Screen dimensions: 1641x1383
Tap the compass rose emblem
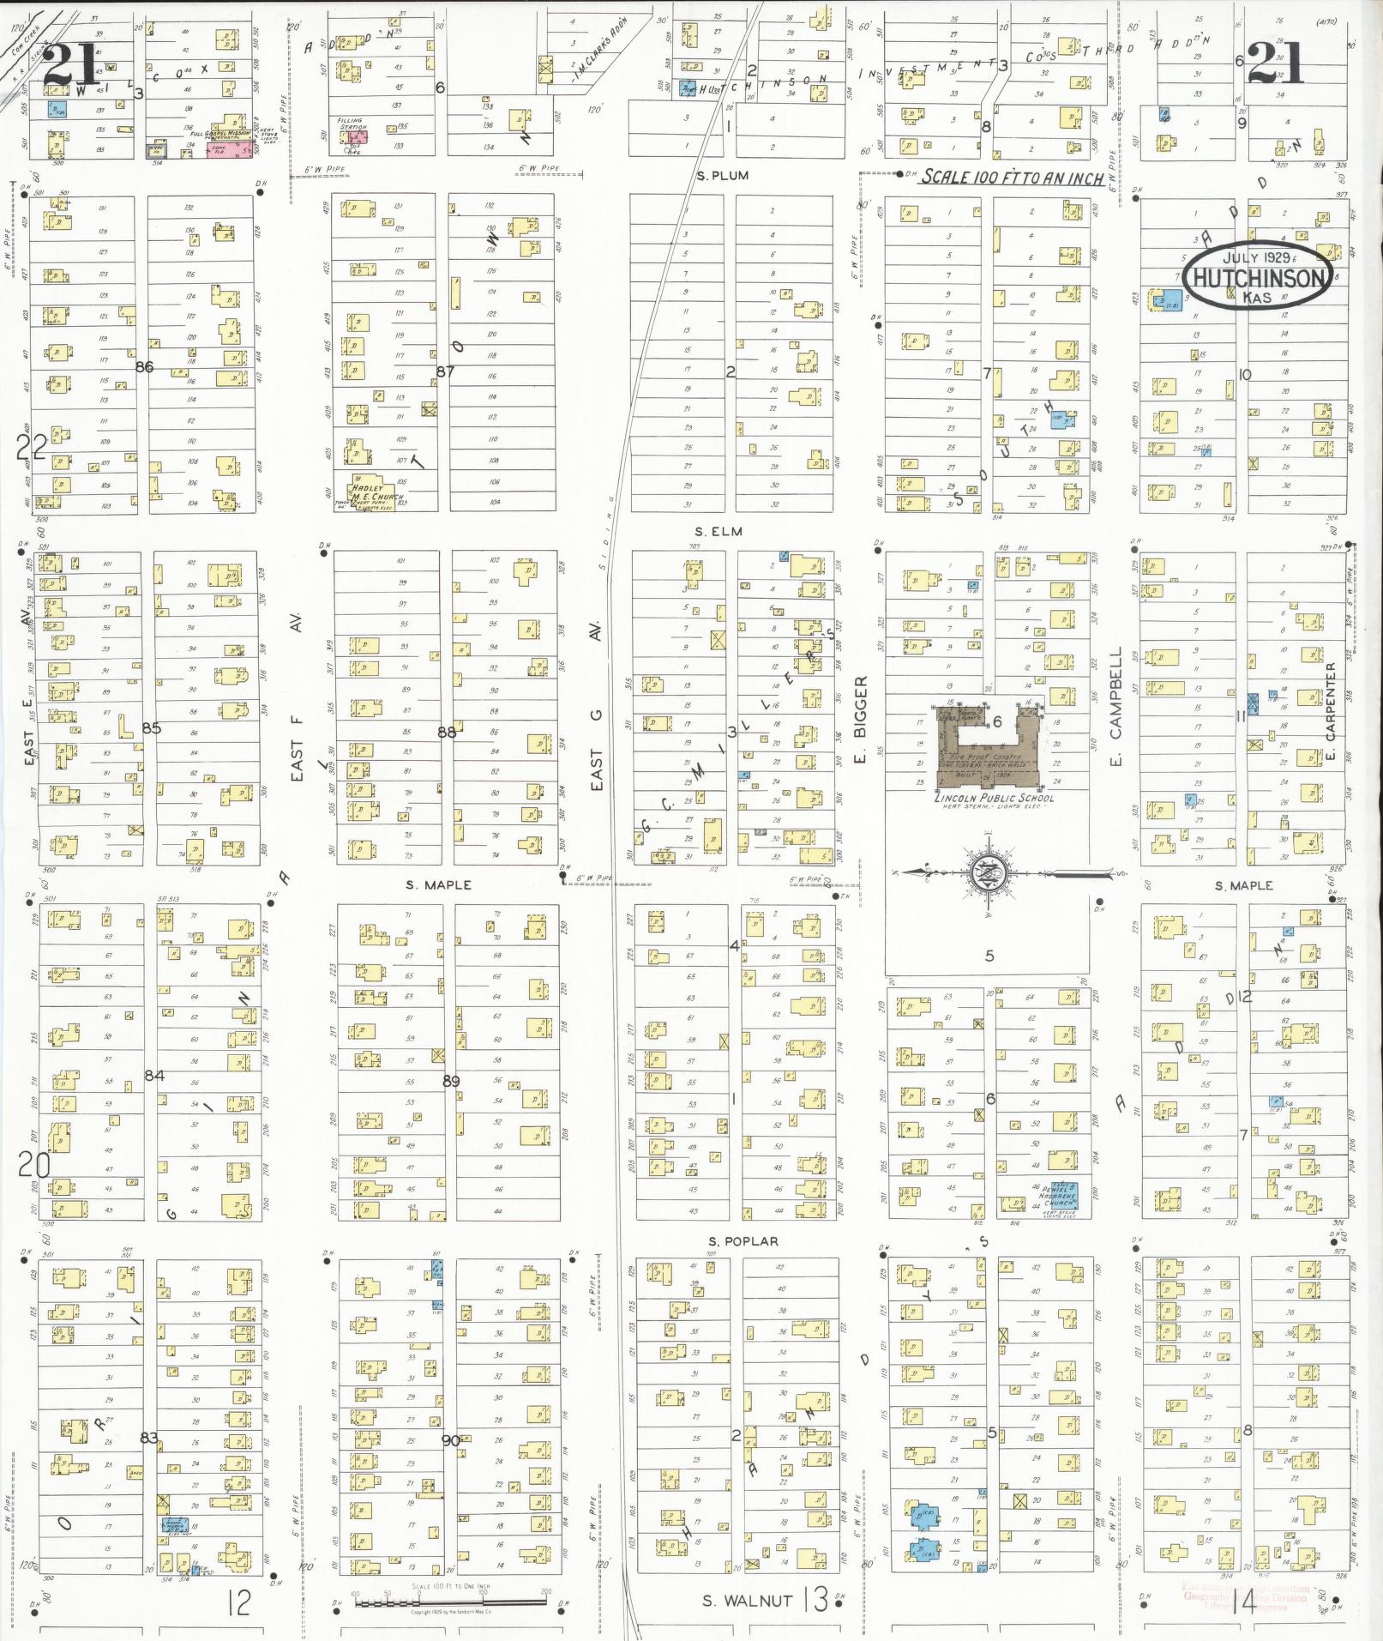pos(988,874)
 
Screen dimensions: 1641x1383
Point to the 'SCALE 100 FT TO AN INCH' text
pos(1013,178)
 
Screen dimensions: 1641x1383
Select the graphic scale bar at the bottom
pos(451,1601)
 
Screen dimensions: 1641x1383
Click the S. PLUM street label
pos(722,176)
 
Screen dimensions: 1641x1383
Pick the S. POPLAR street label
pos(743,1241)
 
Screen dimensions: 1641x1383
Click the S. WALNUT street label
pos(748,1601)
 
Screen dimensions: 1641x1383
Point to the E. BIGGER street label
pos(862,719)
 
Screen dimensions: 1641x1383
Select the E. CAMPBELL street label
pos(1115,706)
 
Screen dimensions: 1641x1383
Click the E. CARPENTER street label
pos(1331,712)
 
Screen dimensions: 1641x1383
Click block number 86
pos(145,367)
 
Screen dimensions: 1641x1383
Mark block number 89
pos(451,1082)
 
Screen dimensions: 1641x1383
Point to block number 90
pos(450,1441)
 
